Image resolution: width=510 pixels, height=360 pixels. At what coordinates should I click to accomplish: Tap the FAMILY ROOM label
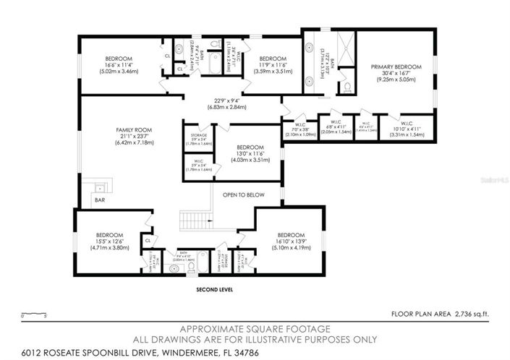click(x=131, y=131)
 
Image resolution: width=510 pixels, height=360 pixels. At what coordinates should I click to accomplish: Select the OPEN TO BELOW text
click(x=242, y=194)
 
